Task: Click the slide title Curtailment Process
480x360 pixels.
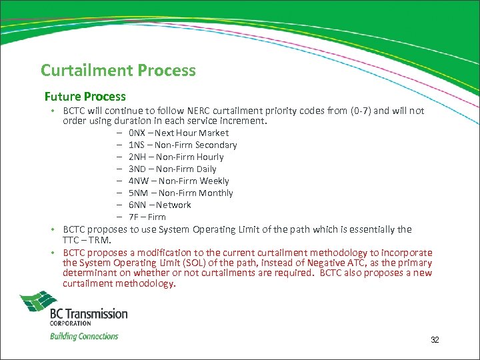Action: [118, 70]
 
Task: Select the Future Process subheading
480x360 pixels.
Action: [85, 97]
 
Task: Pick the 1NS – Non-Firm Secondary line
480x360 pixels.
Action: [183, 145]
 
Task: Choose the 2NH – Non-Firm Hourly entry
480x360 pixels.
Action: [176, 157]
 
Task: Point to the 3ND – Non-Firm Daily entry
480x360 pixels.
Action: [173, 169]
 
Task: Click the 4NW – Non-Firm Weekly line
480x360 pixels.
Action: [179, 181]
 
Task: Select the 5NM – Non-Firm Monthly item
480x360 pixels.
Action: [181, 193]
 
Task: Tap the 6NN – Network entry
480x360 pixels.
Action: [160, 205]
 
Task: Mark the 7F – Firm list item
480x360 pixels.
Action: [147, 217]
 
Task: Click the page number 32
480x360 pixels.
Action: [435, 340]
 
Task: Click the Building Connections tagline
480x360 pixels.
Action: [84, 336]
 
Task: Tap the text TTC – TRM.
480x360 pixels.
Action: [87, 239]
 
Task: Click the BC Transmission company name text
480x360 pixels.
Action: [89, 313]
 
